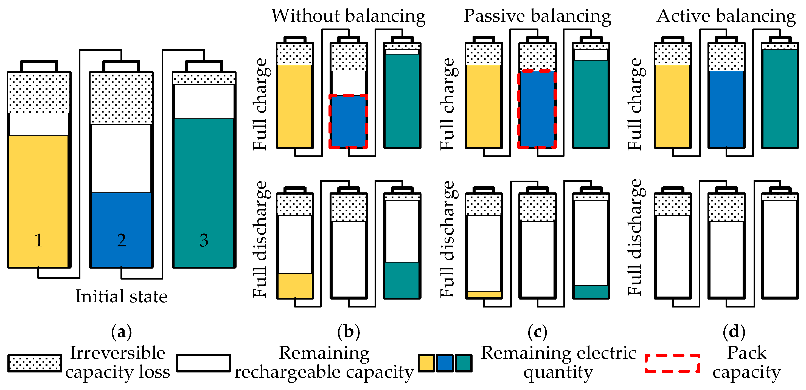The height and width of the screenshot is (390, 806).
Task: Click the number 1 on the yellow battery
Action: click(38, 240)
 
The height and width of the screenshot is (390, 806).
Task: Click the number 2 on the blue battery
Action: click(121, 240)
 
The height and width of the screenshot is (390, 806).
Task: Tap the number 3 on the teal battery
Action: click(204, 240)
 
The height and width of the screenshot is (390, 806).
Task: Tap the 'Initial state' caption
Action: click(121, 296)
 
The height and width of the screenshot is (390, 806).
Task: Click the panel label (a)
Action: click(121, 332)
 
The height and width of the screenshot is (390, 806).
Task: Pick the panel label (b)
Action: click(349, 332)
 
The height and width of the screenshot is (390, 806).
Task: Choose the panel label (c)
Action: click(537, 332)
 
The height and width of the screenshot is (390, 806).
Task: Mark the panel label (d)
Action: click(734, 332)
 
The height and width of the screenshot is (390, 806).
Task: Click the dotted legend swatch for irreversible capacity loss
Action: click(35, 363)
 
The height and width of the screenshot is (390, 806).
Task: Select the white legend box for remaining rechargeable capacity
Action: click(203, 363)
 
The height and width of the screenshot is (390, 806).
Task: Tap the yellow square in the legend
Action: click(426, 363)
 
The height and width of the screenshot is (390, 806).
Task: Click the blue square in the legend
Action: click(445, 363)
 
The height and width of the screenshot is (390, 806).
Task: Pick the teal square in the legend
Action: click(464, 363)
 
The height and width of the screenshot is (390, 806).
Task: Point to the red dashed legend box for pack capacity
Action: click(672, 363)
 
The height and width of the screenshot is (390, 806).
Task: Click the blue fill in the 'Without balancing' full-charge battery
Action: click(348, 121)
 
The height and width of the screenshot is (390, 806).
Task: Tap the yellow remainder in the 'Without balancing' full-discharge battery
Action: click(295, 285)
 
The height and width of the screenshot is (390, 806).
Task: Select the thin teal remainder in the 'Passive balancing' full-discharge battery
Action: click(591, 291)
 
